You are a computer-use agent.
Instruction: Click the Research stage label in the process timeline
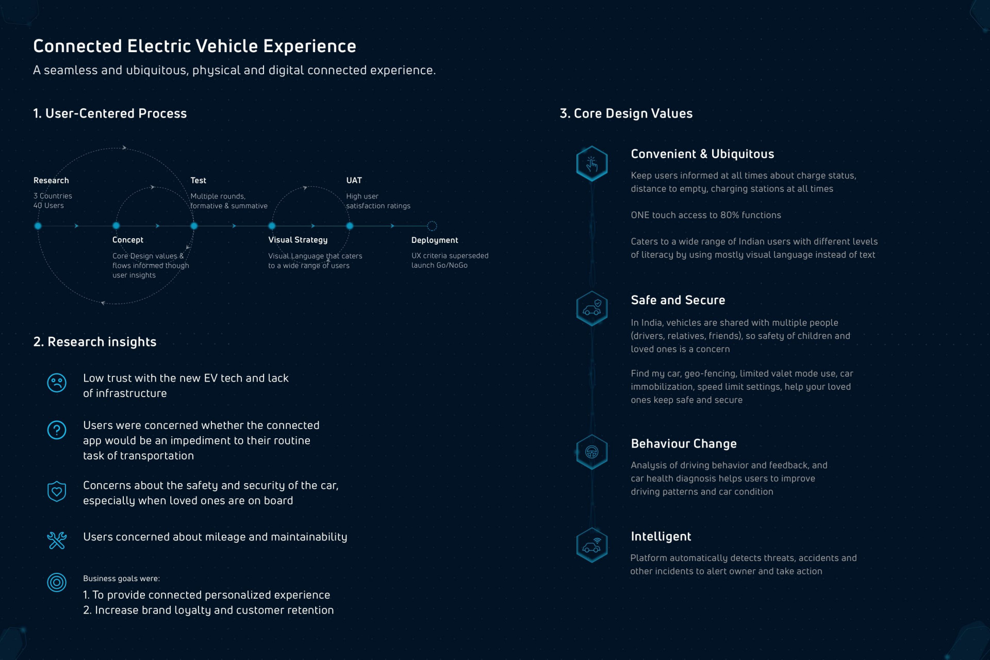point(51,180)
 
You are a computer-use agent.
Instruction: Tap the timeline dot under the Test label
point(194,226)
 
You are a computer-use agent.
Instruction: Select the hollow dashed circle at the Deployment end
point(432,226)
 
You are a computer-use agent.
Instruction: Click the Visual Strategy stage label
point(298,240)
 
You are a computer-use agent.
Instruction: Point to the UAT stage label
point(354,180)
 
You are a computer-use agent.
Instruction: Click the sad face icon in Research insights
point(57,383)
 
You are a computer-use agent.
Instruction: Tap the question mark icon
point(57,430)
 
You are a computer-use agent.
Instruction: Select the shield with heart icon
point(57,491)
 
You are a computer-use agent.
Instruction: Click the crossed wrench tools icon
point(57,540)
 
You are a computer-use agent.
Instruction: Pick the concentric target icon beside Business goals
point(57,583)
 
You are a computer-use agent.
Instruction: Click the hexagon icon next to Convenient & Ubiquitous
point(591,164)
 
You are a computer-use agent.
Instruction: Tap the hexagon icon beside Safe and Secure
point(591,308)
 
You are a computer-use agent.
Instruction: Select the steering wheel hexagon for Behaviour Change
point(591,452)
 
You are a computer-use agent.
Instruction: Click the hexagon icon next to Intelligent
point(591,545)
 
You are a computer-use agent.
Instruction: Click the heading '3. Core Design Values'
point(626,113)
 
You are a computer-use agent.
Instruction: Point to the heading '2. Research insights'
point(95,342)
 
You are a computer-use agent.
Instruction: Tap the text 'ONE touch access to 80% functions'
point(705,215)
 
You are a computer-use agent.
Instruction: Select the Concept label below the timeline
point(127,240)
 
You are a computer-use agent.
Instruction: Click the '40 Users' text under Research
point(48,205)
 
